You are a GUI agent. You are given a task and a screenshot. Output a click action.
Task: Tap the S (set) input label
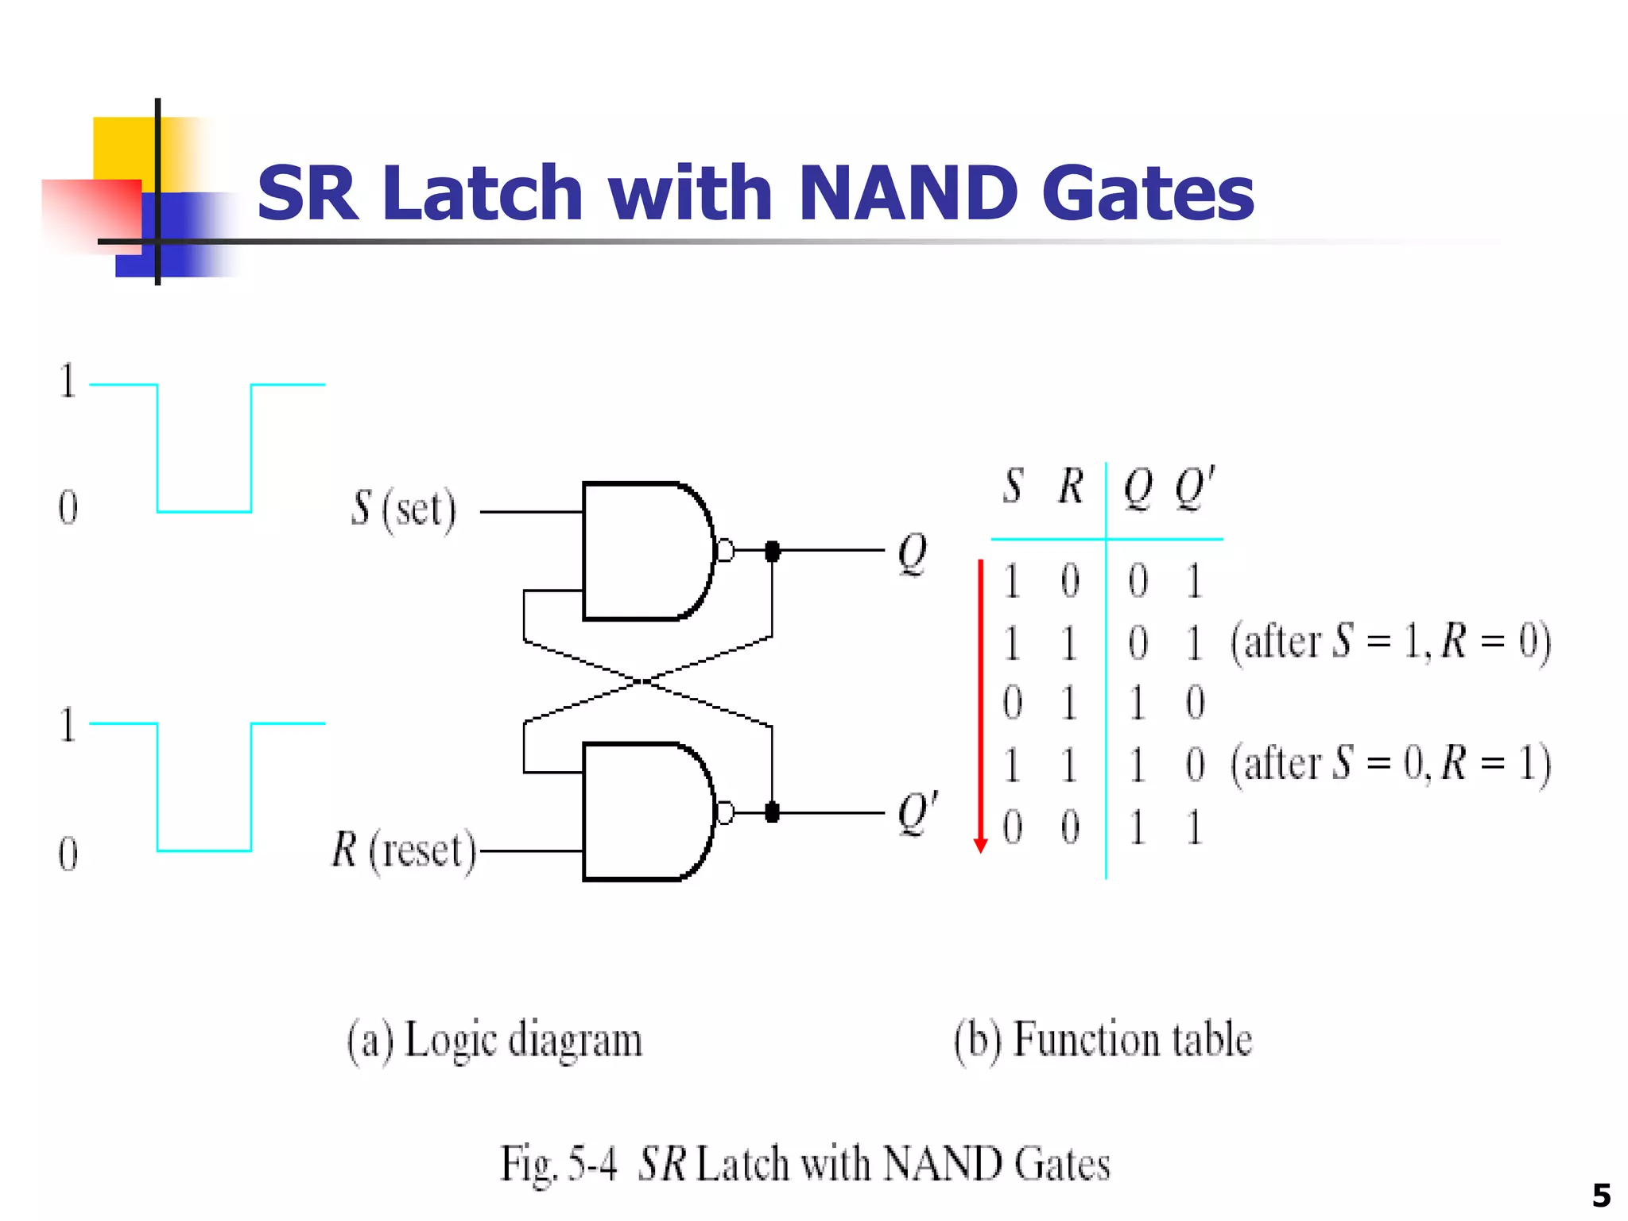click(404, 509)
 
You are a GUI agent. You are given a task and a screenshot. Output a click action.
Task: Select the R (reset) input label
click(404, 850)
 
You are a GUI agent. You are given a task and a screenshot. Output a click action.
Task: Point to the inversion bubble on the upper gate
click(725, 550)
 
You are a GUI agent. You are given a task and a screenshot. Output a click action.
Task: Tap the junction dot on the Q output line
click(771, 550)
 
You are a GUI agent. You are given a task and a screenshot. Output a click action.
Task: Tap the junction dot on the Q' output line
click(771, 812)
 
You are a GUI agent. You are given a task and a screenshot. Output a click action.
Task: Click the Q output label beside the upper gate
click(912, 553)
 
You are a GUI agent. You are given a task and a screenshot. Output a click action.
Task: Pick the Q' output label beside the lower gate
click(917, 812)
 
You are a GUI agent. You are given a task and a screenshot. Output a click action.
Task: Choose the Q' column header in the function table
click(1195, 487)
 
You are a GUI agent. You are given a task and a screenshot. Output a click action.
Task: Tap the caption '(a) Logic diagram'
click(494, 1041)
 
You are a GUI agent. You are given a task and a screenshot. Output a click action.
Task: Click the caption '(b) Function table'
click(1103, 1041)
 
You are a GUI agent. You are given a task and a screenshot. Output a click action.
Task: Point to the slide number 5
click(1601, 1196)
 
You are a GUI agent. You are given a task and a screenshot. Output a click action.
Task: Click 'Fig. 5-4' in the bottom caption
click(558, 1165)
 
